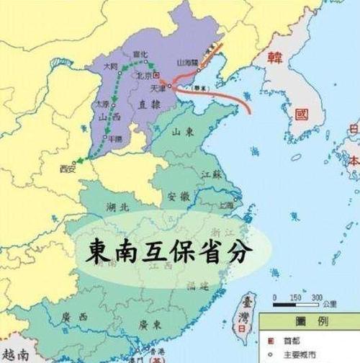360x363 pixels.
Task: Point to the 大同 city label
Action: click(x=110, y=66)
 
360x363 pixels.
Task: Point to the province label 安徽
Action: click(x=178, y=195)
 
